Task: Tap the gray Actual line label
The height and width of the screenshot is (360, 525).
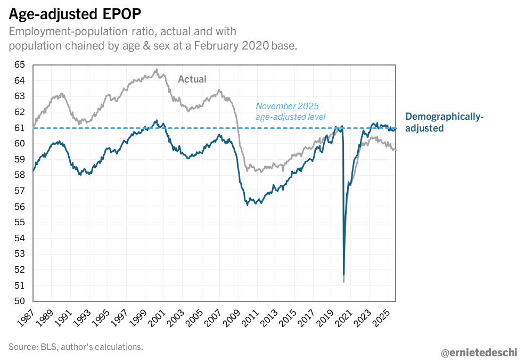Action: point(192,79)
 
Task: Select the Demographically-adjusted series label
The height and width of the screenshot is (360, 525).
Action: point(445,122)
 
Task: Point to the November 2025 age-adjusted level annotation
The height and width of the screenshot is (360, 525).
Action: point(290,111)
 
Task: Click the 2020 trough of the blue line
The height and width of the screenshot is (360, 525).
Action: point(344,274)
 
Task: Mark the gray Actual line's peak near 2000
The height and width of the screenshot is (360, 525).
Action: point(156,69)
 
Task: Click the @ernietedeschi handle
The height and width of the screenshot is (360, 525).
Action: point(478,352)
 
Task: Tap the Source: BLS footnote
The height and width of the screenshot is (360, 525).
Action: point(76,347)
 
